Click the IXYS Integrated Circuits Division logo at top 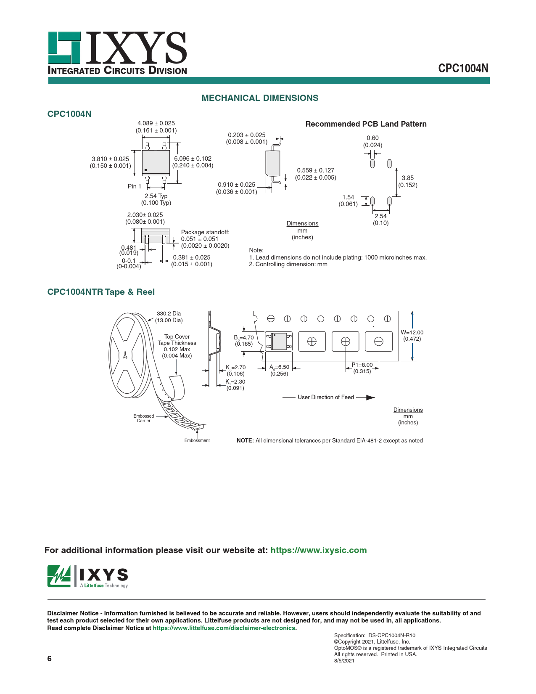click(x=117, y=53)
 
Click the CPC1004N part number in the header click(x=463, y=69)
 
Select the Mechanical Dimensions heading click(x=260, y=98)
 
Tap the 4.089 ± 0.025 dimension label click(x=156, y=123)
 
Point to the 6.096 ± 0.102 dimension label click(x=193, y=159)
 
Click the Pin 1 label click(x=135, y=186)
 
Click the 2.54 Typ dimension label click(x=156, y=196)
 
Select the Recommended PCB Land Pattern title click(x=366, y=124)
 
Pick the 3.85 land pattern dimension click(x=407, y=178)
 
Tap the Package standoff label click(x=205, y=232)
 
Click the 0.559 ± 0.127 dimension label click(x=315, y=170)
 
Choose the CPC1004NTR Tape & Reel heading click(x=101, y=292)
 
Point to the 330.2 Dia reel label click(x=169, y=313)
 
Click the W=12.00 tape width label click(x=412, y=332)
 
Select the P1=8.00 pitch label click(x=362, y=365)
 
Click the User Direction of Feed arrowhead click(x=370, y=397)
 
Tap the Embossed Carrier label click(x=144, y=418)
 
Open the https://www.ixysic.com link click(x=318, y=550)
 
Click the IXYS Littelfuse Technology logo click(x=88, y=576)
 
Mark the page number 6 click(x=50, y=659)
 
